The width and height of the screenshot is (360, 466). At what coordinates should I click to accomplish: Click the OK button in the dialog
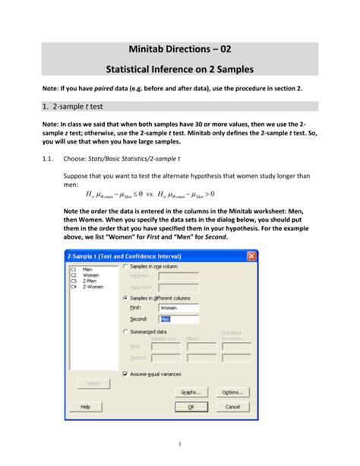coord(191,407)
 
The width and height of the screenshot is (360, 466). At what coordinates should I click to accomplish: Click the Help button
coord(85,407)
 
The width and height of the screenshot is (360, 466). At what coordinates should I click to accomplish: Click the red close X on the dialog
coord(251,256)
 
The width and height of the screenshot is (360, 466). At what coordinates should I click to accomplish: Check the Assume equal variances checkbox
coord(125,374)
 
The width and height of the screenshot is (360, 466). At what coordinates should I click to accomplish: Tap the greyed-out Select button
coord(93,384)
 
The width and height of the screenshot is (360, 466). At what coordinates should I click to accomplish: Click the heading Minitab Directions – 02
coord(180,47)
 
